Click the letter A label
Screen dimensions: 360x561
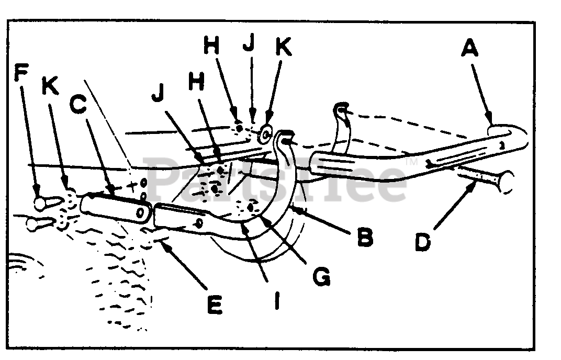click(x=470, y=50)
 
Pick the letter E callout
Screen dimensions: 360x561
click(x=214, y=303)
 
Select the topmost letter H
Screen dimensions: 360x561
click(x=211, y=47)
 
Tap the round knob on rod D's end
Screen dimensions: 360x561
click(x=506, y=183)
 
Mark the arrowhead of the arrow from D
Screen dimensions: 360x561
click(x=473, y=181)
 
